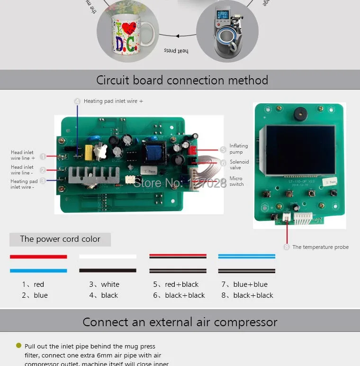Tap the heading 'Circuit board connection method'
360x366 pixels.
pyautogui.click(x=182, y=80)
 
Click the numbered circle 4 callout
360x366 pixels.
pyautogui.click(x=77, y=101)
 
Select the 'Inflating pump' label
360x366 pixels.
pyautogui.click(x=236, y=149)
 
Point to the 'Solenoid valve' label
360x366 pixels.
pyautogui.click(x=239, y=165)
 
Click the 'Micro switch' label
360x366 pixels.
pyautogui.click(x=236, y=182)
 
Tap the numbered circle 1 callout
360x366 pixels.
pyautogui.click(x=43, y=156)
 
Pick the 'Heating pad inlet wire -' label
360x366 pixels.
pyautogui.click(x=24, y=184)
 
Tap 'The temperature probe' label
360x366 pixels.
pyautogui.click(x=320, y=247)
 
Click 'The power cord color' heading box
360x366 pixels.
pyautogui.click(x=60, y=239)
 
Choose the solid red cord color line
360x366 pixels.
pyautogui.click(x=38, y=256)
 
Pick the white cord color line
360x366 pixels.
pyautogui.click(x=108, y=256)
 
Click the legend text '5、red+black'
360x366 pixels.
pyautogui.click(x=176, y=284)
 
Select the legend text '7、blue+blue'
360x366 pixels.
pyautogui.click(x=244, y=284)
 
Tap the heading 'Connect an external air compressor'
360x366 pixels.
pyautogui.click(x=180, y=322)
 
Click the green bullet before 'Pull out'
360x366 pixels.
pyautogui.click(x=18, y=346)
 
